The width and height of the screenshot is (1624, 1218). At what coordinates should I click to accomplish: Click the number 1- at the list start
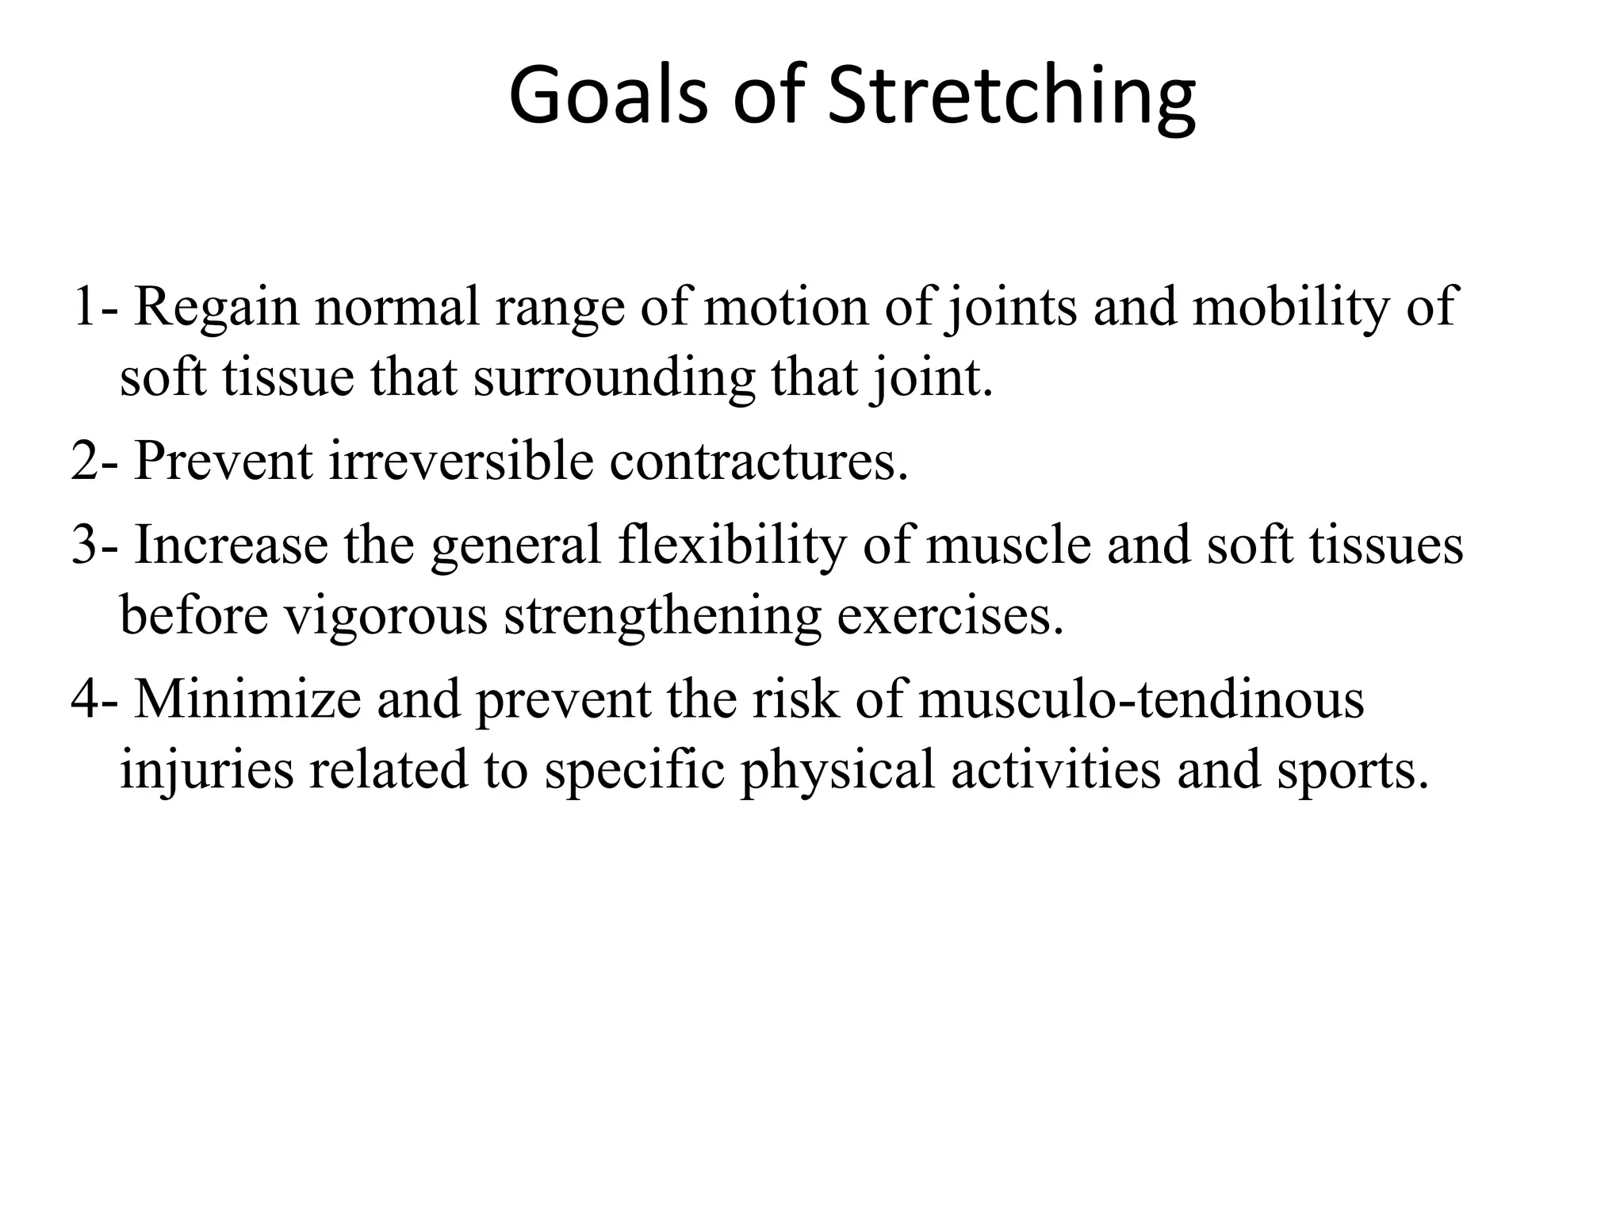pos(94,307)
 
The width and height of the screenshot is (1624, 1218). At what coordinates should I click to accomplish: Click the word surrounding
pos(614,379)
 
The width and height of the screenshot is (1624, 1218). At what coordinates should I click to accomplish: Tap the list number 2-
pos(94,461)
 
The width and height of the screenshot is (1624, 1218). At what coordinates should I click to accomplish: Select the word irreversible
pos(461,461)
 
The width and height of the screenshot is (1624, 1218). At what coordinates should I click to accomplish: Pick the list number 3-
pos(94,546)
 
